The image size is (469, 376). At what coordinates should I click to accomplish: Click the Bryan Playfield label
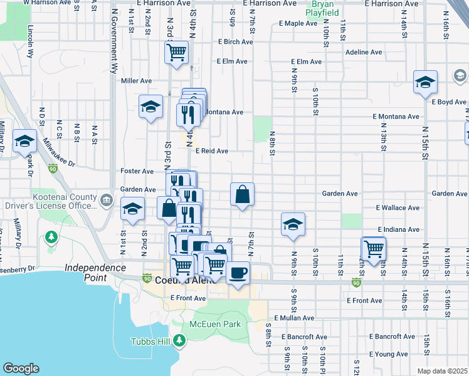[323, 8]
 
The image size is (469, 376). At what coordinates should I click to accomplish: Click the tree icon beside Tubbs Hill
[180, 341]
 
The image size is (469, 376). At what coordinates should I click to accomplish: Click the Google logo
[21, 368]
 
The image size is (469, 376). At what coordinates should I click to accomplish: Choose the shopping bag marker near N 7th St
[242, 196]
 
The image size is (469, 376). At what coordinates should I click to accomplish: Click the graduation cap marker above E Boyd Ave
[425, 83]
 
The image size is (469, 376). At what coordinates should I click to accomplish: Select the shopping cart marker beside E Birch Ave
[177, 52]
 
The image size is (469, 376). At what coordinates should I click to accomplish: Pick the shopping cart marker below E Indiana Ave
[374, 249]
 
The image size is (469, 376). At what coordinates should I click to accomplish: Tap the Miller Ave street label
[137, 81]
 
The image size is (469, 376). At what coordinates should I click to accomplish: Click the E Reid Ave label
[211, 151]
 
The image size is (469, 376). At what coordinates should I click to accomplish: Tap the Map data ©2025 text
[443, 371]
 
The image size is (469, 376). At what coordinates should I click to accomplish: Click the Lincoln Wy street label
[30, 41]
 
